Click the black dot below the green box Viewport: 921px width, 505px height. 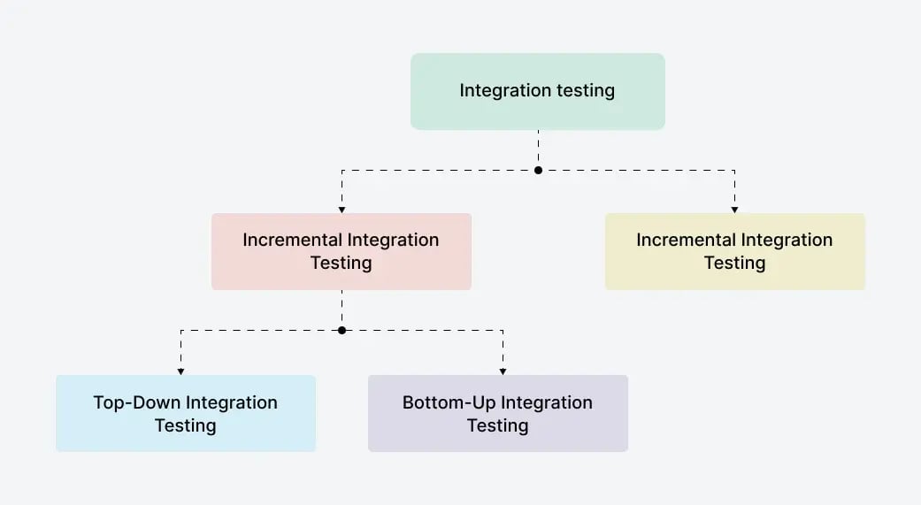538,170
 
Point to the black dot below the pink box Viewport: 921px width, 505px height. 342,330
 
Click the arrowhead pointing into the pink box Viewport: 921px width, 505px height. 342,209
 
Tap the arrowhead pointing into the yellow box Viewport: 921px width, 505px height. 734,209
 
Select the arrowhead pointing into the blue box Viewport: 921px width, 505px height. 180,371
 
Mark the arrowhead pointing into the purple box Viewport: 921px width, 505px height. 503,371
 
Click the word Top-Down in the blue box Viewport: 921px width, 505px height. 134,402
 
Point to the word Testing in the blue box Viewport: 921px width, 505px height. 185,425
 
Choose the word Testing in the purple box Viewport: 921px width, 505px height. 497,425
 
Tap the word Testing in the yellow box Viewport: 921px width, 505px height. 734,263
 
